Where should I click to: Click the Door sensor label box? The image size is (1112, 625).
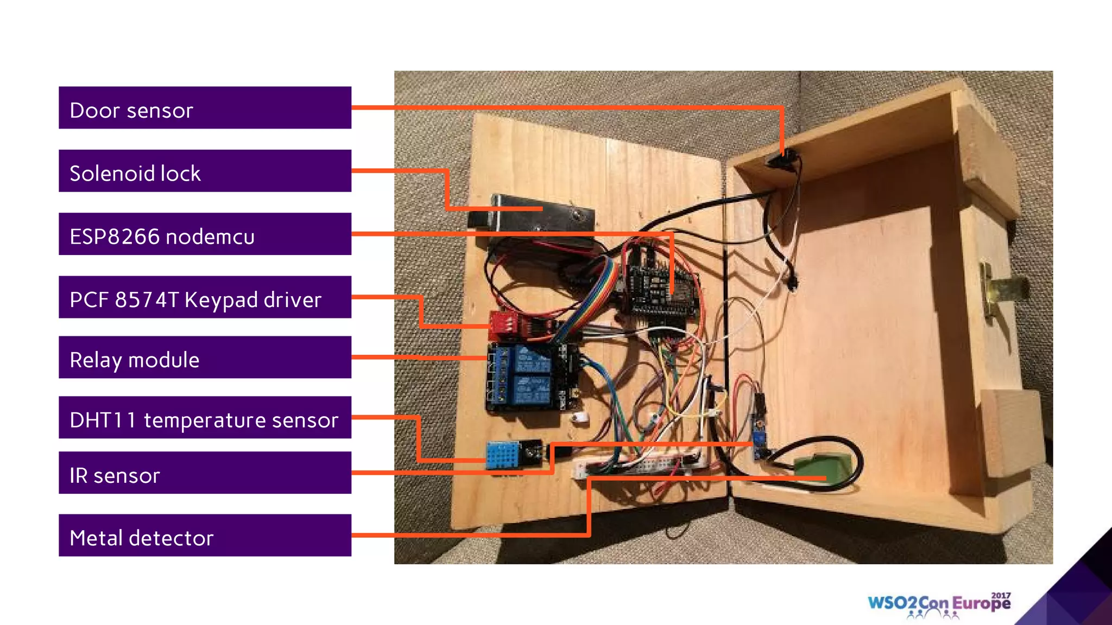pos(205,107)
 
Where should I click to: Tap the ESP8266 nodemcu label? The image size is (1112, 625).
pos(205,234)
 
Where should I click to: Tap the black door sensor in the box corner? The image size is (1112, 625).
pos(782,161)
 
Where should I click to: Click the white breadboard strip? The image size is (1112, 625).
pos(641,464)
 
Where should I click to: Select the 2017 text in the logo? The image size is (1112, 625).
pos(1001,595)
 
